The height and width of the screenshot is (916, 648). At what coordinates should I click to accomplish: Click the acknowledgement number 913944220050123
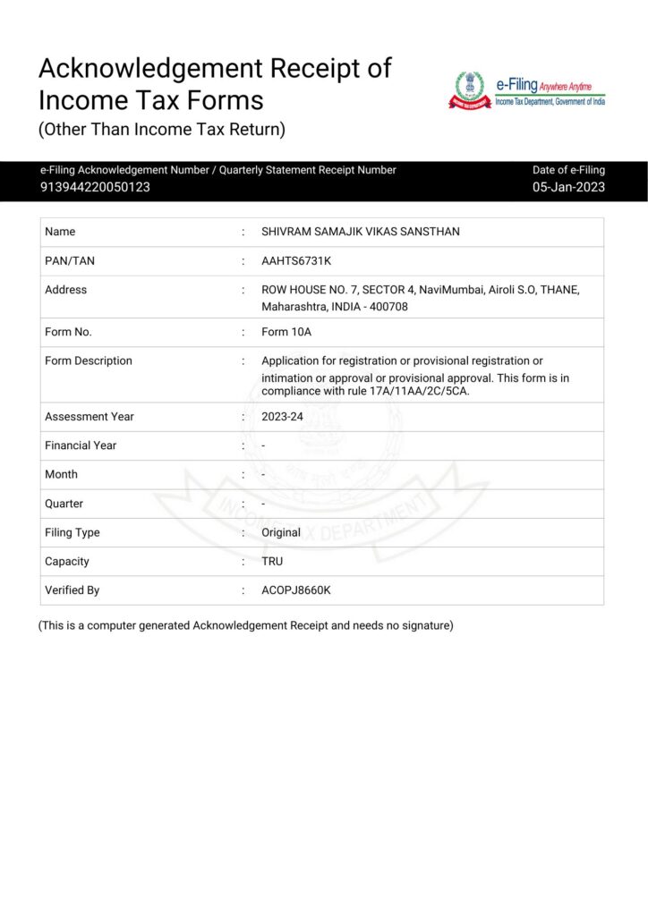tap(95, 187)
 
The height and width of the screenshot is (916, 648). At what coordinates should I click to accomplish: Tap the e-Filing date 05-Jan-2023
tap(568, 187)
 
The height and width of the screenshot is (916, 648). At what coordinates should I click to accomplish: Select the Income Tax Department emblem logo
tap(470, 90)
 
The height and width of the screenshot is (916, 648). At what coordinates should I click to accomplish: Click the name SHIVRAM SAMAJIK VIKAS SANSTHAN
tap(360, 232)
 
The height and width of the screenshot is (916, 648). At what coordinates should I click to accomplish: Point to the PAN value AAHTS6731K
tap(295, 260)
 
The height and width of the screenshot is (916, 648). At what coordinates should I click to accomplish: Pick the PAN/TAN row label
tap(69, 260)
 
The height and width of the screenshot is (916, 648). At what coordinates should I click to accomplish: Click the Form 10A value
tap(286, 332)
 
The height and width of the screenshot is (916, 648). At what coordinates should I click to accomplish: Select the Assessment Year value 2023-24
tap(281, 417)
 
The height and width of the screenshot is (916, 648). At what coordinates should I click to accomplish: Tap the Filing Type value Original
tap(281, 532)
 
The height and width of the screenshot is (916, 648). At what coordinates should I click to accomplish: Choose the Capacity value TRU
tap(272, 562)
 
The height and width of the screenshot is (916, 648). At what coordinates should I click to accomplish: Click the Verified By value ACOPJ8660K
tap(296, 590)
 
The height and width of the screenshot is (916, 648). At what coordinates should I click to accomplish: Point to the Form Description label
tap(88, 360)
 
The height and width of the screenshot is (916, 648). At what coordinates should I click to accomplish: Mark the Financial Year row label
tap(81, 445)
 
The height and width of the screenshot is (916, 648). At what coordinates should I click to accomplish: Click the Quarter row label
tap(64, 504)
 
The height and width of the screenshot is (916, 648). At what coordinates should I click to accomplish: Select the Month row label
tap(61, 474)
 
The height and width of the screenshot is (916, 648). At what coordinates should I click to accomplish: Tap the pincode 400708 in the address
tap(389, 306)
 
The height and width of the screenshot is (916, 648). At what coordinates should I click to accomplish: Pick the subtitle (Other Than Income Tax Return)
tap(161, 130)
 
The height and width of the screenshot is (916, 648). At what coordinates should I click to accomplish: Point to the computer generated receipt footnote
tap(245, 625)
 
